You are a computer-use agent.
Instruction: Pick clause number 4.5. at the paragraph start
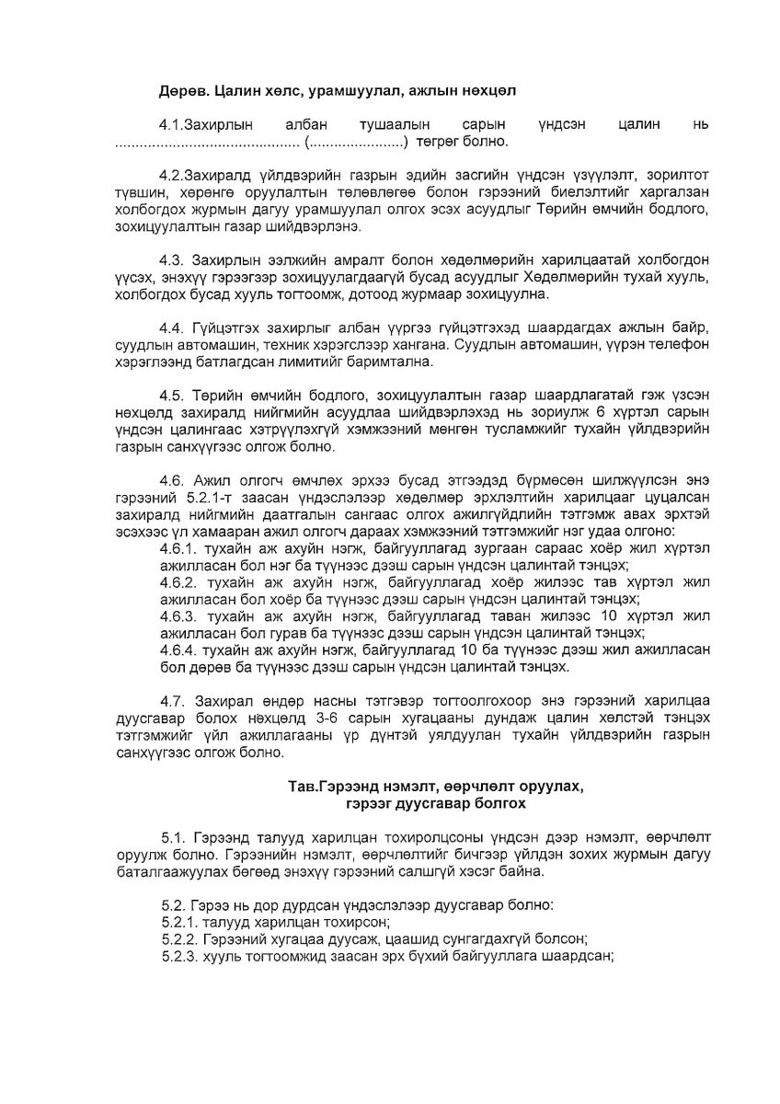[175, 396]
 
